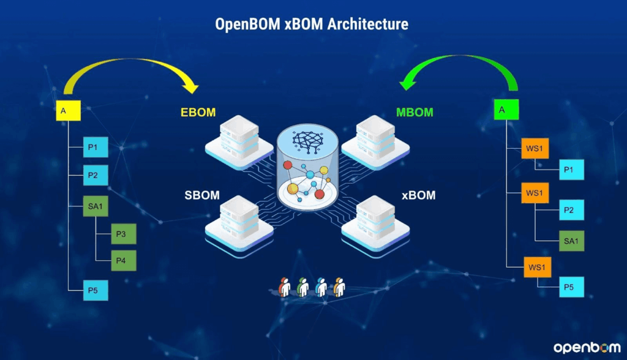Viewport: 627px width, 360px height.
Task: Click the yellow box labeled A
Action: [68, 110]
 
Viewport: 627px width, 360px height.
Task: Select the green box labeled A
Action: [506, 110]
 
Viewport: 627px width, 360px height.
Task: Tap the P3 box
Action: [124, 234]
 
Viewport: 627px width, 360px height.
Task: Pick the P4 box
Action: [124, 261]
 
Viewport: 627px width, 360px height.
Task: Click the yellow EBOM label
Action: [198, 113]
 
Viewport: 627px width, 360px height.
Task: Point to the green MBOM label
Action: [415, 113]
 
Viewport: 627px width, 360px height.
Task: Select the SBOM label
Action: [202, 195]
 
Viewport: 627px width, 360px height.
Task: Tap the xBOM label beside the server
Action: [419, 195]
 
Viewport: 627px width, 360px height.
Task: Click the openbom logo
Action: [587, 348]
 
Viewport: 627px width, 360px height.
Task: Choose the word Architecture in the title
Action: [368, 24]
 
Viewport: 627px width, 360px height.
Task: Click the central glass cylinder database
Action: [307, 167]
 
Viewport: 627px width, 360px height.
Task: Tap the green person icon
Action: [302, 287]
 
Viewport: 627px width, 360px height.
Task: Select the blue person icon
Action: [321, 287]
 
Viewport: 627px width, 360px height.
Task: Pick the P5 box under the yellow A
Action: [96, 290]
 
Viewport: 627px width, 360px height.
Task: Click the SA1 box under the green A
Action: [571, 241]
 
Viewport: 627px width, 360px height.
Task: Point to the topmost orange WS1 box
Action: [535, 148]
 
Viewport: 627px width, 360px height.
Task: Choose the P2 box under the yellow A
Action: [96, 175]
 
